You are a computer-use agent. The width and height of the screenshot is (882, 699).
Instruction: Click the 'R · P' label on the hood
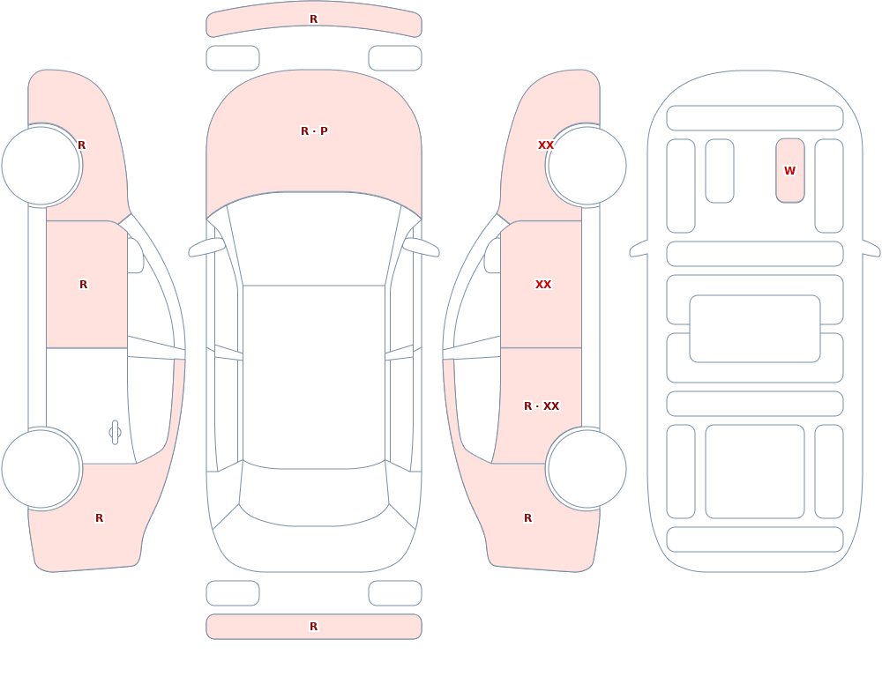coord(314,131)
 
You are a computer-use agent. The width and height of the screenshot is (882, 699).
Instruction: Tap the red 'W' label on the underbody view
coord(789,170)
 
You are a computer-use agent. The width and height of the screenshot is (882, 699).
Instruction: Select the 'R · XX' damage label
coord(542,406)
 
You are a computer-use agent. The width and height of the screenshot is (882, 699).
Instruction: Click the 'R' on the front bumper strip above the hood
coord(314,19)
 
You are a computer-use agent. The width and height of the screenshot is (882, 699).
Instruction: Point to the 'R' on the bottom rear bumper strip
coord(314,627)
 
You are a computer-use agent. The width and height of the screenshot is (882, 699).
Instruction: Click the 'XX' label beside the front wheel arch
coord(546,145)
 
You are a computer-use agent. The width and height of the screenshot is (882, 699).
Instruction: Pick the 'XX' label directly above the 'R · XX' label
coord(542,285)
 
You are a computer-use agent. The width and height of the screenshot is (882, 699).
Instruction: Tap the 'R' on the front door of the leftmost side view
coord(83,285)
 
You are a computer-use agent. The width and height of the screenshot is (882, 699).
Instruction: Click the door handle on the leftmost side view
coord(115,433)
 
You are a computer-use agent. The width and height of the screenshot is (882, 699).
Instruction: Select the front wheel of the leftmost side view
coord(41,166)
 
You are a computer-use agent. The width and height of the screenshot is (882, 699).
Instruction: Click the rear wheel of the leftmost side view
coord(41,469)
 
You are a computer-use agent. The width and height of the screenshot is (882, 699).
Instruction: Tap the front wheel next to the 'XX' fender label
coord(587,166)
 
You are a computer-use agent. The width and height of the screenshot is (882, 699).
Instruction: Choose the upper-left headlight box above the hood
coord(233,58)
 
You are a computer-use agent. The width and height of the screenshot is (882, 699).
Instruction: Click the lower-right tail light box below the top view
coord(395,593)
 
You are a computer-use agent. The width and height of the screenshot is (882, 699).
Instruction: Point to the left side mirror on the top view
coord(206,248)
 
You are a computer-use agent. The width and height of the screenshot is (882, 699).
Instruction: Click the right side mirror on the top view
coord(421,248)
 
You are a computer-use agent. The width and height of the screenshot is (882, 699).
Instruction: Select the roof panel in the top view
coord(314,376)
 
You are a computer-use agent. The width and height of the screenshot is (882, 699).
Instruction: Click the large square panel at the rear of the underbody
coord(755,472)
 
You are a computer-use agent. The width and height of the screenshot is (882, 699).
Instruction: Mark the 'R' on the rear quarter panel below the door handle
coord(99,518)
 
